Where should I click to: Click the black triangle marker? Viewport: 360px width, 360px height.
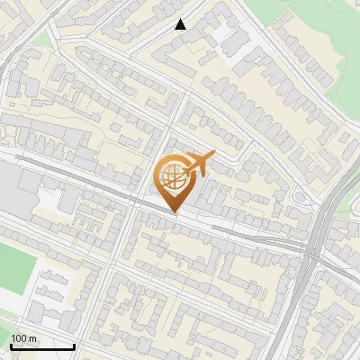[181, 24]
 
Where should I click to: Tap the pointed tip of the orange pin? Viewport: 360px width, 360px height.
[174, 212]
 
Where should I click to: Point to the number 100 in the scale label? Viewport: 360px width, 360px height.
[20, 338]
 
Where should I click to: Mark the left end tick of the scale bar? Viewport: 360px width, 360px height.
[10, 346]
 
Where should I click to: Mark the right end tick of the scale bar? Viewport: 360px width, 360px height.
[74, 346]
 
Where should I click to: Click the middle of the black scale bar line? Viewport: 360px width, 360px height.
[41, 346]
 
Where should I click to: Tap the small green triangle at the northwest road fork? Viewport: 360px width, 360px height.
[40, 38]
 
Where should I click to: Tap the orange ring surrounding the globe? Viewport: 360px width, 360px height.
[160, 176]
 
